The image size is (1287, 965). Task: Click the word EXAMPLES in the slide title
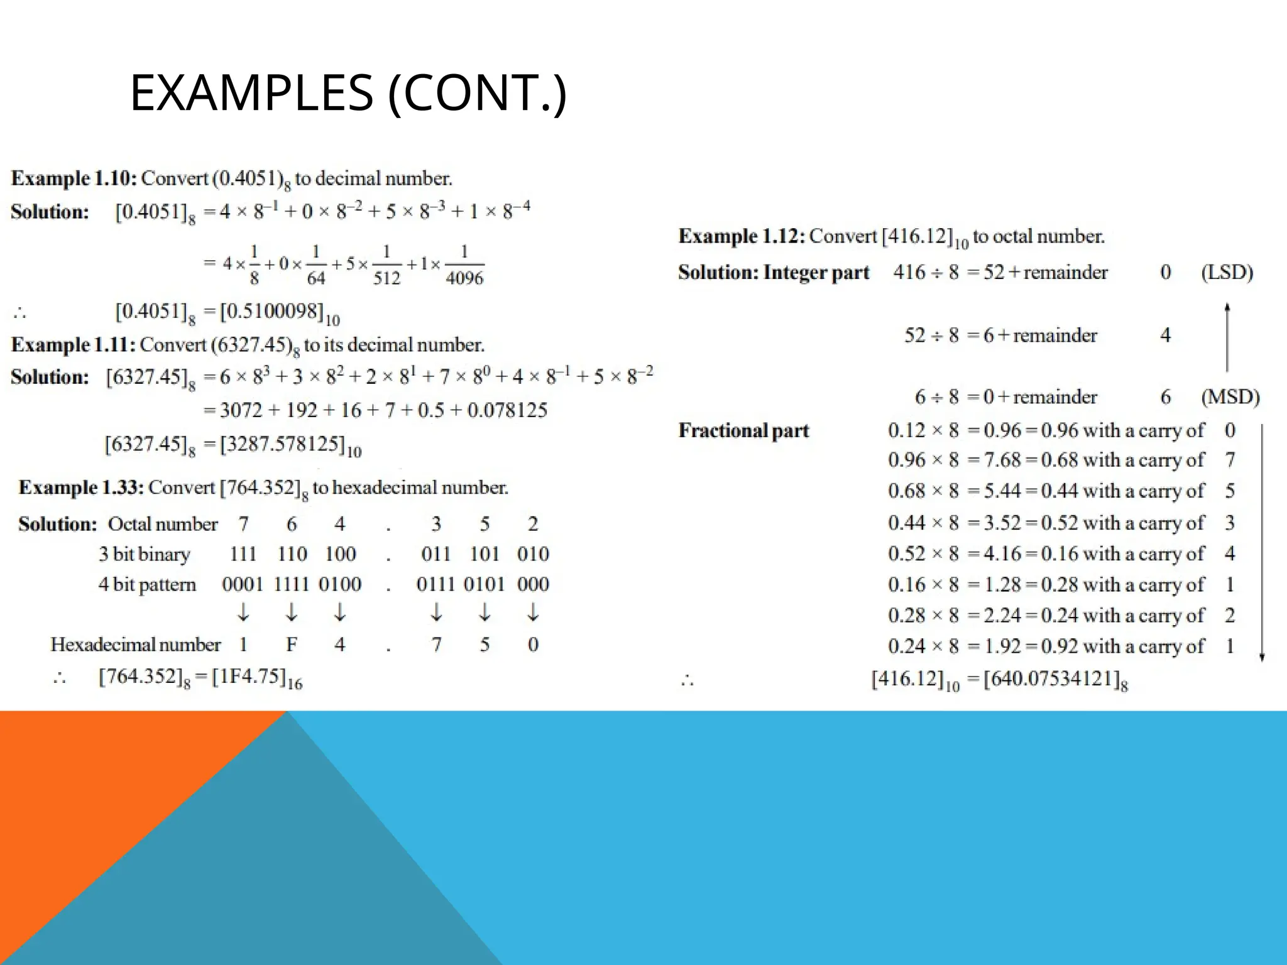click(x=251, y=93)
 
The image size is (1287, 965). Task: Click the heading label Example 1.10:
click(x=74, y=178)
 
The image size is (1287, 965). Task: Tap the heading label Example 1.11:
click(x=73, y=345)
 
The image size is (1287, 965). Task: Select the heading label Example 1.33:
click(x=81, y=488)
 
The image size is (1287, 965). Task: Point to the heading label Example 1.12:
click(x=742, y=236)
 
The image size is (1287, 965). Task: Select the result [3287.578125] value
click(x=283, y=444)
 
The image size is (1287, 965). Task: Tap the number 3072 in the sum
click(x=241, y=410)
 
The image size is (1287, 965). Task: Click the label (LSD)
click(x=1227, y=272)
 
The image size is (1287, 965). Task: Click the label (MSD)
click(x=1230, y=396)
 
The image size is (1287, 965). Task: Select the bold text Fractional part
click(x=743, y=430)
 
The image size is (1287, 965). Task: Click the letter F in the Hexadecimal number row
click(x=292, y=645)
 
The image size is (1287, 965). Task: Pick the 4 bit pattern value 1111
click(x=291, y=584)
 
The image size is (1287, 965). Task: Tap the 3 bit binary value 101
click(x=484, y=554)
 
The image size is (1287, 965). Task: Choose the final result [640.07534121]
click(x=1049, y=679)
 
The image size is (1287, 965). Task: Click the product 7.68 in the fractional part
click(x=1002, y=460)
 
